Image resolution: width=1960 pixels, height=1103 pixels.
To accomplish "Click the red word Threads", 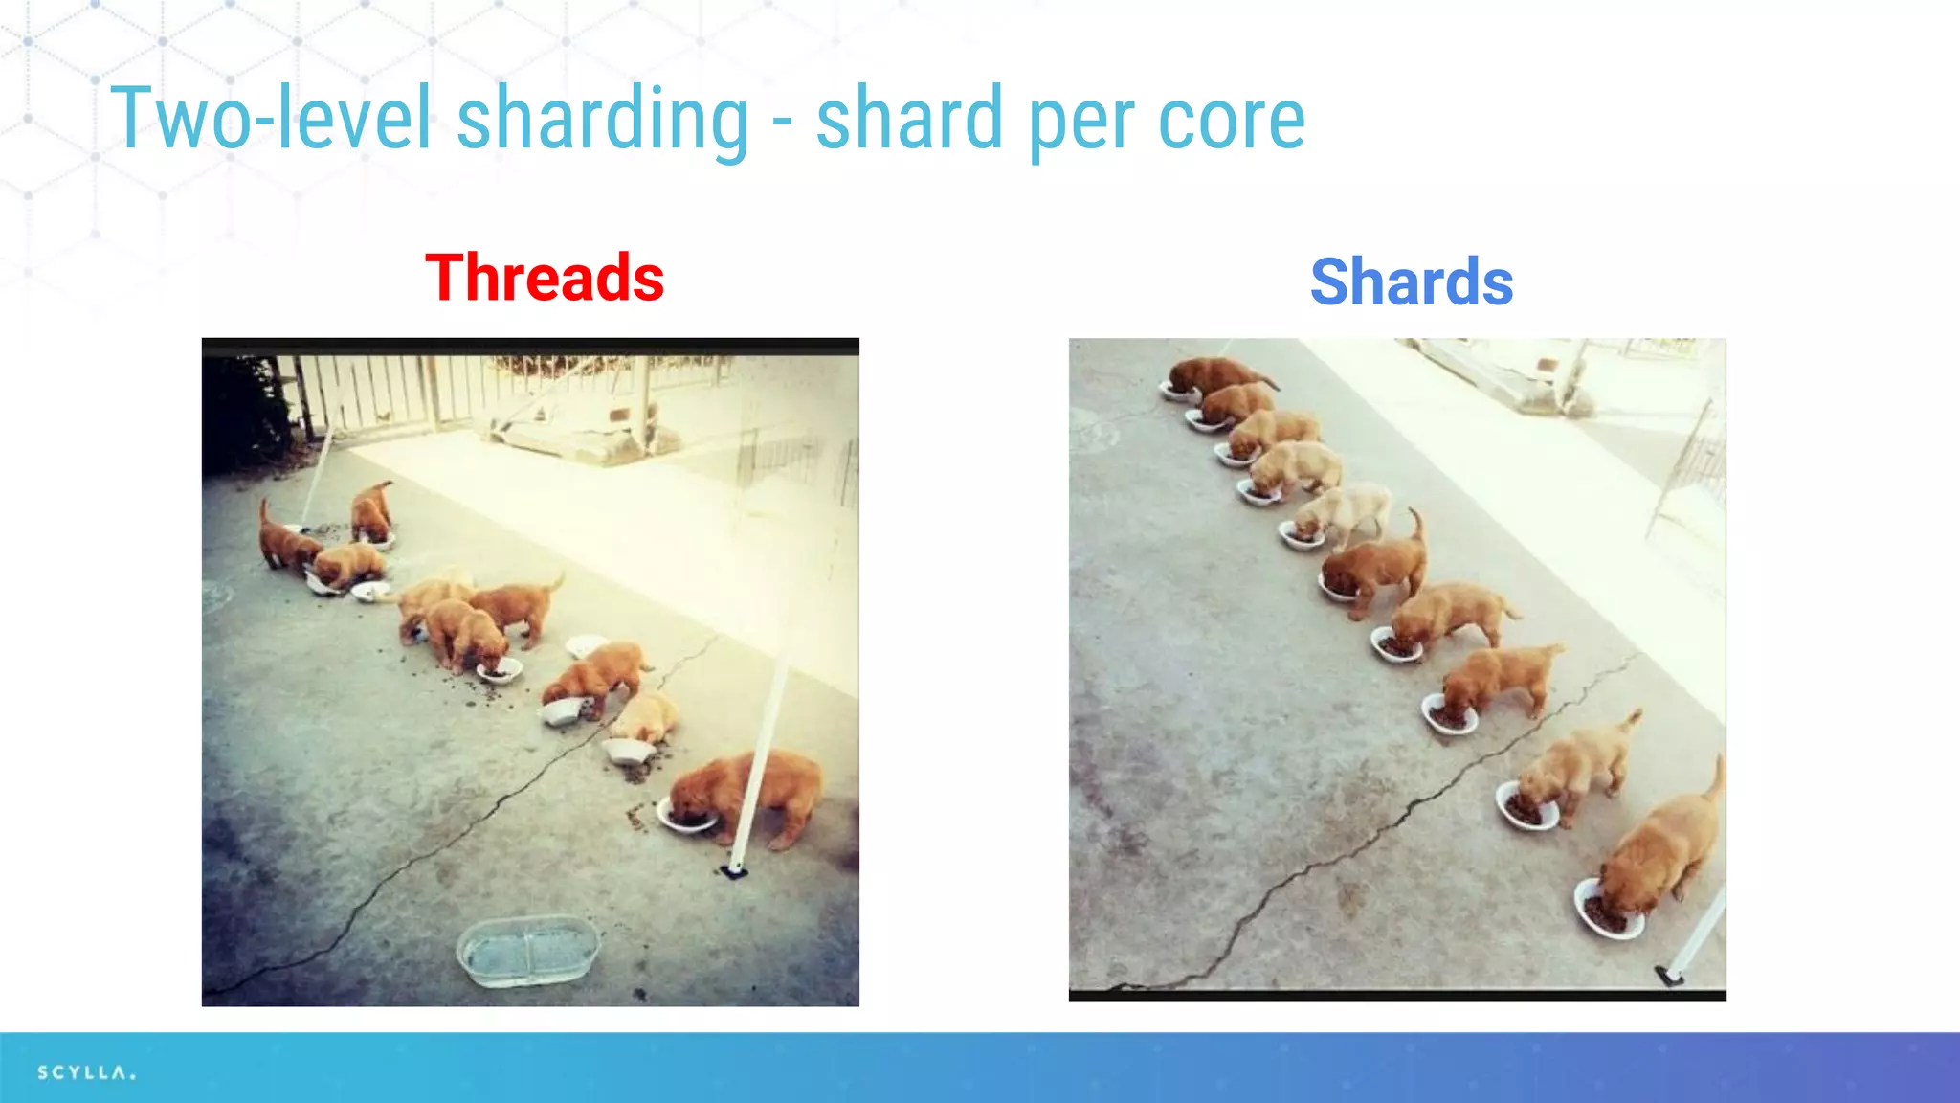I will pyautogui.click(x=545, y=278).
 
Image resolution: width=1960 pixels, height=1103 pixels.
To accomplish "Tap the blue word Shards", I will pyautogui.click(x=1412, y=282).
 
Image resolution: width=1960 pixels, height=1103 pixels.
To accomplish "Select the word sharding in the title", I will pyautogui.click(x=603, y=120).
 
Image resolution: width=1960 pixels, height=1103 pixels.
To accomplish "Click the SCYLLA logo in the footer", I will pyautogui.click(x=86, y=1072).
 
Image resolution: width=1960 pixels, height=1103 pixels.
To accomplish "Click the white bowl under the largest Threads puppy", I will pyautogui.click(x=685, y=819).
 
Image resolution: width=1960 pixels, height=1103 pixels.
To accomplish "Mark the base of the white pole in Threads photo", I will pyautogui.click(x=734, y=869).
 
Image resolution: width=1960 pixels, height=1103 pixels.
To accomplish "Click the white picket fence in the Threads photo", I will pyautogui.click(x=383, y=393).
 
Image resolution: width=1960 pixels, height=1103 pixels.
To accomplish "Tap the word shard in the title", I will pyautogui.click(x=909, y=120).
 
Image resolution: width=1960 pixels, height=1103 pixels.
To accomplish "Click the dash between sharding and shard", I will pyautogui.click(x=782, y=124).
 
